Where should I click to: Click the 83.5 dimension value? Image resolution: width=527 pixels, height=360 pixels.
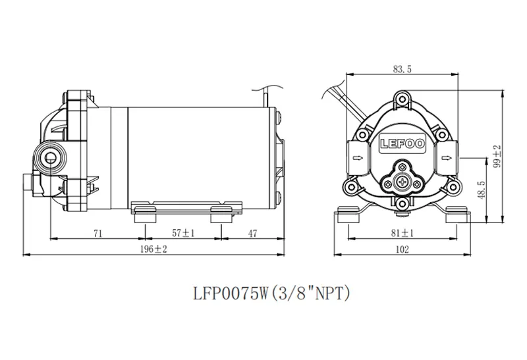(x=402, y=69)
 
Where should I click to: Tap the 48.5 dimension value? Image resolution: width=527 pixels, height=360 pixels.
(x=481, y=190)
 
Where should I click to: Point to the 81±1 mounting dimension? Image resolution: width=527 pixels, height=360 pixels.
(x=402, y=233)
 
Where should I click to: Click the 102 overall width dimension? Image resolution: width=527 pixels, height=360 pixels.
(x=402, y=249)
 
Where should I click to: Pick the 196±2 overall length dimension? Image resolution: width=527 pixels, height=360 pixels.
(x=153, y=249)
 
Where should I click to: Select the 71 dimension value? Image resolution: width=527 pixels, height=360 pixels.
(x=97, y=233)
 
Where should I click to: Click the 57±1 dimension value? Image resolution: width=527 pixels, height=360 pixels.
(x=183, y=233)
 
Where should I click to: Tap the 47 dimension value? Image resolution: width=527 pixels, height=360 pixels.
(x=252, y=233)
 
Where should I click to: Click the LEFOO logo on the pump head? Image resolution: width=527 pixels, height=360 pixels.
(x=402, y=144)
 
